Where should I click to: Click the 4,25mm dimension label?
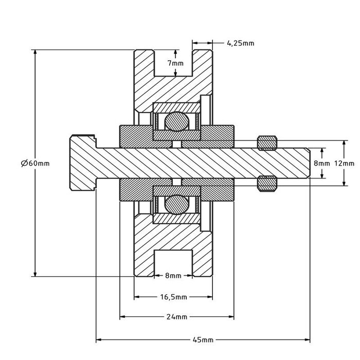click(240, 43)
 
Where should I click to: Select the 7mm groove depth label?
click(175, 63)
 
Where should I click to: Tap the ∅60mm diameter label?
click(35, 163)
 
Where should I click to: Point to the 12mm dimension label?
click(344, 163)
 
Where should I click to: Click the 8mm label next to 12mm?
click(322, 163)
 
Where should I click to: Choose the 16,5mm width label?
click(173, 297)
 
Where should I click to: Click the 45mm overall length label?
click(204, 340)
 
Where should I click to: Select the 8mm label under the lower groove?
click(173, 276)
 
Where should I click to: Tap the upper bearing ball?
click(176, 122)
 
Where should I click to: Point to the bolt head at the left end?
click(82, 163)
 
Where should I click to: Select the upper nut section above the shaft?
click(267, 142)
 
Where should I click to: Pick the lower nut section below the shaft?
click(267, 184)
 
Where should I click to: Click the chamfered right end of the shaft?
click(308, 163)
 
